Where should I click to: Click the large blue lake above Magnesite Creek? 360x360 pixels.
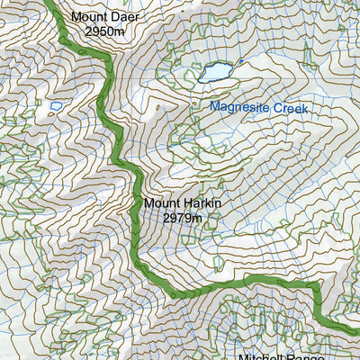217,71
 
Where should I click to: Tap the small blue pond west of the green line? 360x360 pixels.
57,106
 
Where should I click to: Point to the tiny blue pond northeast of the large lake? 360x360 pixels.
242,61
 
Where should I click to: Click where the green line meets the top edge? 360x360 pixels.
51,2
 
